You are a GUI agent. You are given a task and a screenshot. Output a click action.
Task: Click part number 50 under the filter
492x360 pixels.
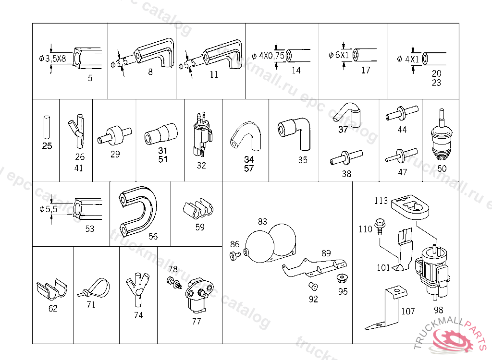pos(442,168)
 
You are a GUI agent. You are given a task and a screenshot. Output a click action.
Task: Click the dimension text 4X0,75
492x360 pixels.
pos(271,56)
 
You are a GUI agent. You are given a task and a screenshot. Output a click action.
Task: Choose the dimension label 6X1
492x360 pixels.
pos(342,55)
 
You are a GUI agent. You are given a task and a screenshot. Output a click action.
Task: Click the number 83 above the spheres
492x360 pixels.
pos(262,221)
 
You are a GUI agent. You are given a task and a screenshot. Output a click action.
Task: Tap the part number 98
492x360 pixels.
pos(438,310)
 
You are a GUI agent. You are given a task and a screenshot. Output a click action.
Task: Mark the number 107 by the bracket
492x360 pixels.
pos(407,311)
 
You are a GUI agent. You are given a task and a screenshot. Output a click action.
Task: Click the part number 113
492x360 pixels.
pos(381,201)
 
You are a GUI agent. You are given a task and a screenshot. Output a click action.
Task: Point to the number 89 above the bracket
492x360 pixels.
pos(326,253)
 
